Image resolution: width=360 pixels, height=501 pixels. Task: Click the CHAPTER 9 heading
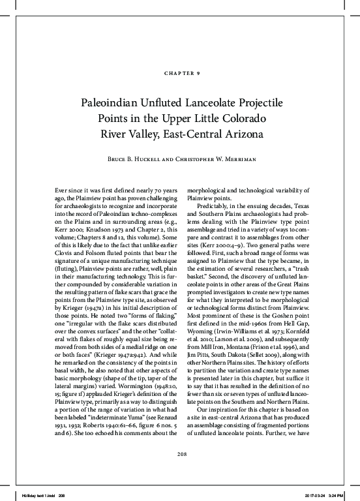[x=180, y=72]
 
